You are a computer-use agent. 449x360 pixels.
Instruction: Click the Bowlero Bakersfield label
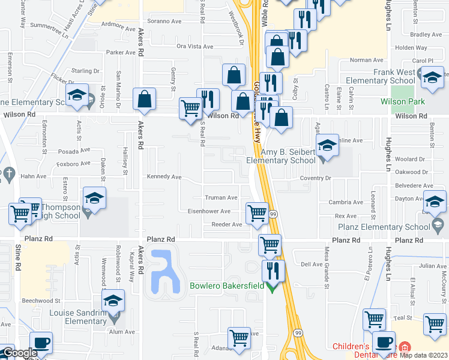click(227, 286)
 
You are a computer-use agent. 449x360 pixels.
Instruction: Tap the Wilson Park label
click(402, 101)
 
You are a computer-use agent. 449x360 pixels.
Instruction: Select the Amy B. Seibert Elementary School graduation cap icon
click(327, 146)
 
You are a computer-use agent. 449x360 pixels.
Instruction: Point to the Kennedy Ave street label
click(164, 177)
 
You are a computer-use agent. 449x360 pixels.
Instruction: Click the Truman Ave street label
click(221, 197)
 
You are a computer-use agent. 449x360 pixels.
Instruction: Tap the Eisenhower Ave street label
click(209, 211)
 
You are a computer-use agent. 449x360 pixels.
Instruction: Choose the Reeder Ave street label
click(226, 224)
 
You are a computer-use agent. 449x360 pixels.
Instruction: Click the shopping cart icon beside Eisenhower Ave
click(257, 212)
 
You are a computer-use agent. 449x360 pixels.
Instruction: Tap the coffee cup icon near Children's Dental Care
click(384, 343)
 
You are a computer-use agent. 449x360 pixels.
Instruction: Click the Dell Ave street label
click(312, 264)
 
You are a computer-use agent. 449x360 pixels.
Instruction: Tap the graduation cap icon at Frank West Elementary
click(432, 77)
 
